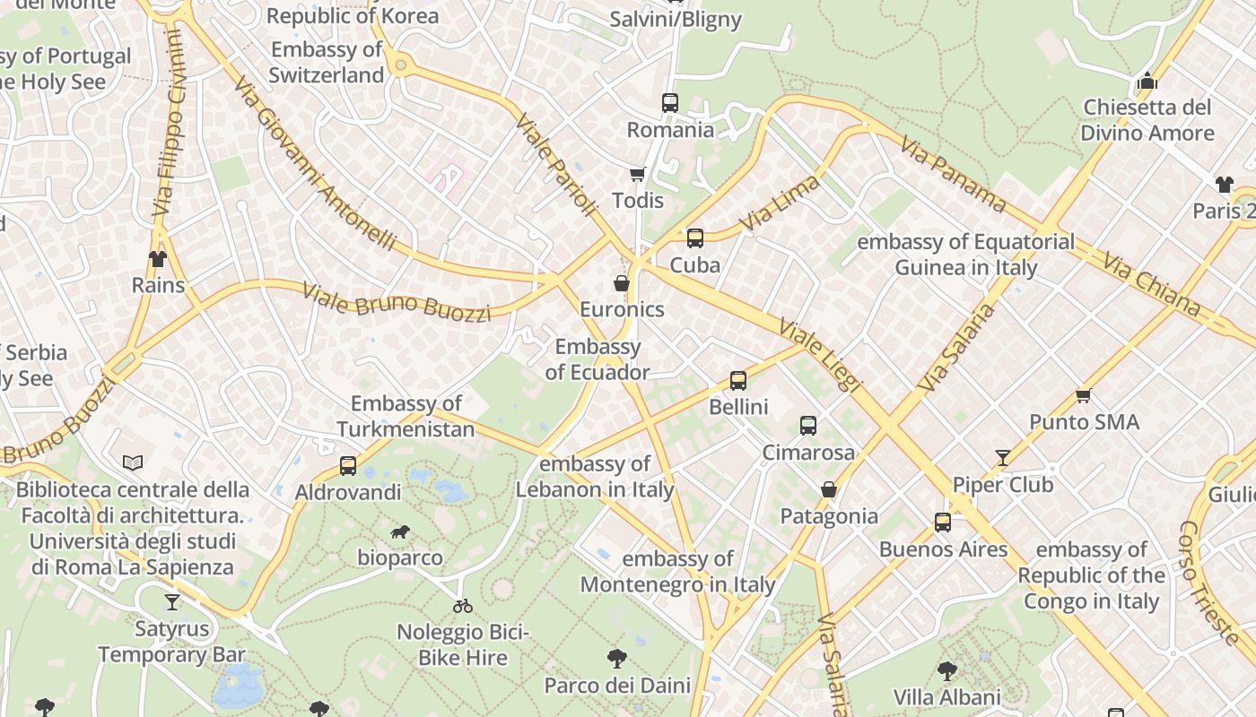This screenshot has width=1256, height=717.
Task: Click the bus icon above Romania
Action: [x=670, y=103]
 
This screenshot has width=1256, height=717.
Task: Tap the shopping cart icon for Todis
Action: [x=638, y=174]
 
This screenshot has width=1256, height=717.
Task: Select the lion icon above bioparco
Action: [x=400, y=532]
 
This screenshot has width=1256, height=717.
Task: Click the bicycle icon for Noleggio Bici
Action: [x=463, y=606]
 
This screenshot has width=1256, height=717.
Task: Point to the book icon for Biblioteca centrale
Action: [x=133, y=463]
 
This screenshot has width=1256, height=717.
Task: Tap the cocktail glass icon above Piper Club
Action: [x=1003, y=458]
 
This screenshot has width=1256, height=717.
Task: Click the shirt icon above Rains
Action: [x=158, y=259]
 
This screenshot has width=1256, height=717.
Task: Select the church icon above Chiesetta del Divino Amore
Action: [x=1147, y=82]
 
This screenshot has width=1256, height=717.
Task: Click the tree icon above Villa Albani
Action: [x=946, y=670]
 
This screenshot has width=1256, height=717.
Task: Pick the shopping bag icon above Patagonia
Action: [x=829, y=489]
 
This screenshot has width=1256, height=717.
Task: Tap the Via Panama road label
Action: [x=953, y=174]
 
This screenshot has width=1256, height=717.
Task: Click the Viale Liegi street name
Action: [x=821, y=355]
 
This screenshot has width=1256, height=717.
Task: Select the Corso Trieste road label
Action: [x=1208, y=583]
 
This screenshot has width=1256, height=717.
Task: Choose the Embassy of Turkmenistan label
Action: [x=406, y=417]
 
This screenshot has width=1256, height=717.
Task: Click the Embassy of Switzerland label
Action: [x=327, y=63]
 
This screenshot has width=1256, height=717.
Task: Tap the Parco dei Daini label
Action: [x=617, y=686]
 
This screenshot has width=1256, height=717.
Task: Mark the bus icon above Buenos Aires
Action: [x=943, y=523]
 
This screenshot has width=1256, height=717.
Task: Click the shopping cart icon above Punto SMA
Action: [x=1083, y=395]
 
